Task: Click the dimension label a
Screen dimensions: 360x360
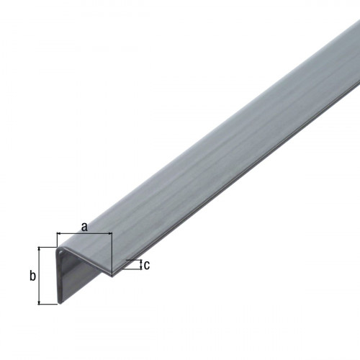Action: pyautogui.click(x=84, y=227)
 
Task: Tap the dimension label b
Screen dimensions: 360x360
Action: pyautogui.click(x=32, y=276)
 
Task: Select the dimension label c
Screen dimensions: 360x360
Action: pyautogui.click(x=147, y=265)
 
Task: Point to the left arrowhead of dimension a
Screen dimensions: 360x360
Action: pyautogui.click(x=59, y=233)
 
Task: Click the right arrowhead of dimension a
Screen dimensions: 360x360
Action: pyautogui.click(x=110, y=233)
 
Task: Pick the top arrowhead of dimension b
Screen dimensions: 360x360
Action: pyautogui.click(x=39, y=249)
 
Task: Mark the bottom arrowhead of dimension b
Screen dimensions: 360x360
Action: pyautogui.click(x=39, y=302)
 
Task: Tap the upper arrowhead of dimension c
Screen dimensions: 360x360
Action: pyautogui.click(x=141, y=261)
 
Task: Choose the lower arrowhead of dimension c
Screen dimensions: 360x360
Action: pyautogui.click(x=141, y=268)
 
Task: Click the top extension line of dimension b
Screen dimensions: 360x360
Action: pyautogui.click(x=48, y=247)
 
